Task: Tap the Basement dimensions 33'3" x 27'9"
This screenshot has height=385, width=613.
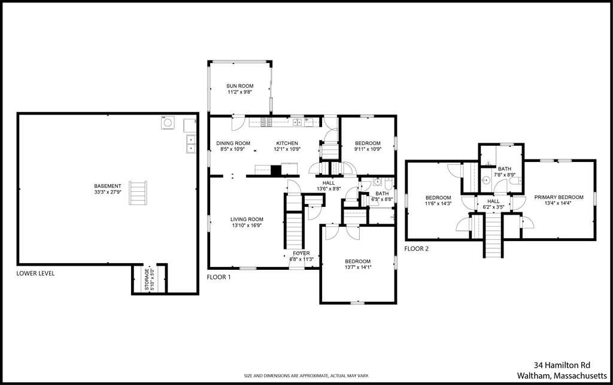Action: [x=108, y=192]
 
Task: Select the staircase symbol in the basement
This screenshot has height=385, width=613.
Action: [x=138, y=192]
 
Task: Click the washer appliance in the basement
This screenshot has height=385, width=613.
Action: [x=168, y=122]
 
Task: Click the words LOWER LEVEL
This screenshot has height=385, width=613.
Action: [x=35, y=273]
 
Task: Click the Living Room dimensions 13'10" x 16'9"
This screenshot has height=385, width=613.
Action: [x=247, y=225]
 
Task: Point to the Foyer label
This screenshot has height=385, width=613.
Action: [x=302, y=254]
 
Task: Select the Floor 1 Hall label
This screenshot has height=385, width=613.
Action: [x=329, y=183]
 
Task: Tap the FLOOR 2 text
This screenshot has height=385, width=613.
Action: [x=417, y=248]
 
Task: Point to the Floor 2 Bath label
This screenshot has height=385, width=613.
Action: [x=505, y=169]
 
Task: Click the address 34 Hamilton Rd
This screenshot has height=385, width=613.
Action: [x=562, y=365]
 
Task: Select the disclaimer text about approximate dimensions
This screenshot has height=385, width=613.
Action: [x=306, y=375]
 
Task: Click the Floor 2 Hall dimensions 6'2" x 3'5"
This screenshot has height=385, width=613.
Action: [x=493, y=207]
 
